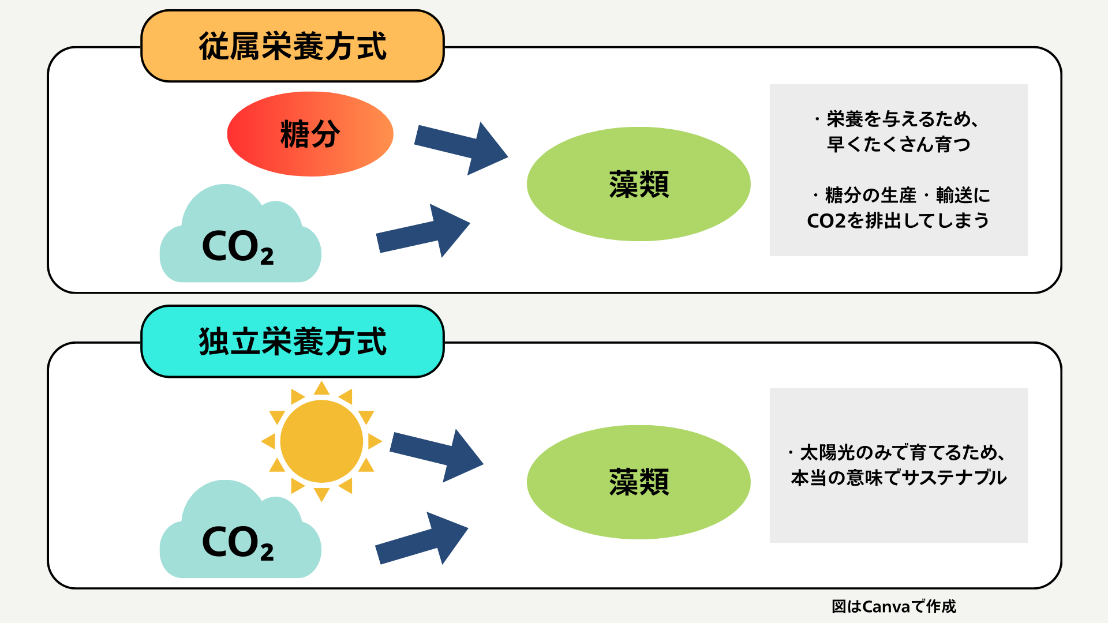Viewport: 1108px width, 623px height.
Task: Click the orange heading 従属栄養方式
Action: pyautogui.click(x=293, y=46)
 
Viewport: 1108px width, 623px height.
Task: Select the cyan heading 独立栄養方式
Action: pyautogui.click(x=293, y=341)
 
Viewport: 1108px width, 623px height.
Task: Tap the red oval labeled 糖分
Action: pyautogui.click(x=310, y=134)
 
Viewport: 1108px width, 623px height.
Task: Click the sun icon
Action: pyautogui.click(x=321, y=441)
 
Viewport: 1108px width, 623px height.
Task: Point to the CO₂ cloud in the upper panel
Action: pyautogui.click(x=239, y=242)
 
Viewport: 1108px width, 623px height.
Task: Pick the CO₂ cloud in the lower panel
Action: pyautogui.click(x=239, y=538)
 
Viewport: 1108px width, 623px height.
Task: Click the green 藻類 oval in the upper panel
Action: pyautogui.click(x=638, y=184)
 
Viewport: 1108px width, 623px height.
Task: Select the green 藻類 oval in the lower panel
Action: pyautogui.click(x=638, y=482)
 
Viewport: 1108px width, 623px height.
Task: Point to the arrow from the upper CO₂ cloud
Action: pyautogui.click(x=423, y=232)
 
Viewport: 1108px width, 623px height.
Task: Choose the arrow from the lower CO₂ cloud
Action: pyautogui.click(x=421, y=540)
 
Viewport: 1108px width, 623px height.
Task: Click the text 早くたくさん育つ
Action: pyautogui.click(x=899, y=144)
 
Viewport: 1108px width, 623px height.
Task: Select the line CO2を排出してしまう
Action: pyautogui.click(x=898, y=220)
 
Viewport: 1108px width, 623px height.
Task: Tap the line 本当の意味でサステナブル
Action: pyautogui.click(x=899, y=478)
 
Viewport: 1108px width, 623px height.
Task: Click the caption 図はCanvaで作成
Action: pyautogui.click(x=893, y=606)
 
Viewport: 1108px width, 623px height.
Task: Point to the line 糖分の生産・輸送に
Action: pyautogui.click(x=902, y=196)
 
